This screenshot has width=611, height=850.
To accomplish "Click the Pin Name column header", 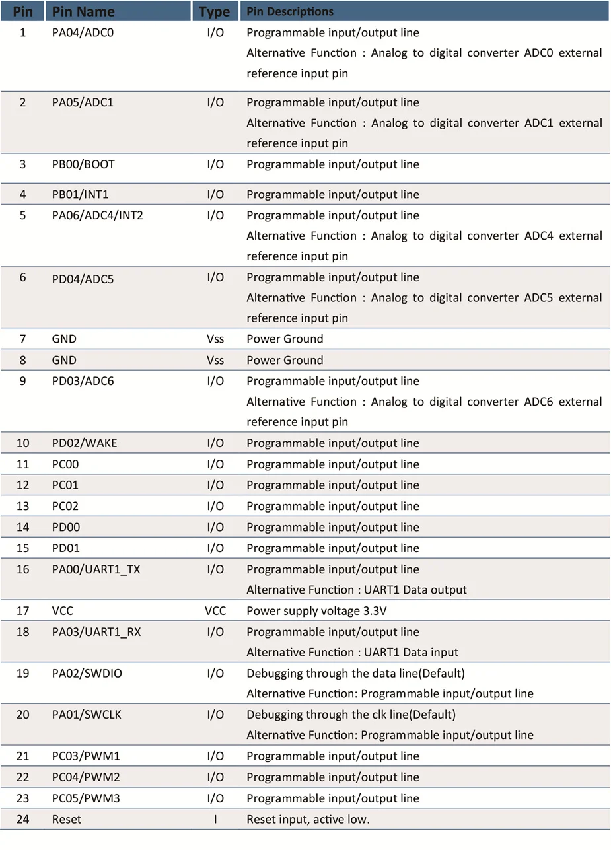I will [x=83, y=11].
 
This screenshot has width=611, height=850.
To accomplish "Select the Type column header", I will [x=215, y=11].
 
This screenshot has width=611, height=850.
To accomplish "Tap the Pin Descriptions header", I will [x=290, y=11].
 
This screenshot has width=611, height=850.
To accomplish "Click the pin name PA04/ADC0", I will [x=83, y=32].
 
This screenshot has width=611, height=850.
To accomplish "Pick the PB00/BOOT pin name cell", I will [x=83, y=164].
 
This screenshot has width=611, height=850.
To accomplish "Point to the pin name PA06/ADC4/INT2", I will [x=97, y=215].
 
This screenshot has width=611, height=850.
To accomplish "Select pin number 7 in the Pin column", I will [x=22, y=339].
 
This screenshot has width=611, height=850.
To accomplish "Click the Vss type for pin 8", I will [x=215, y=360].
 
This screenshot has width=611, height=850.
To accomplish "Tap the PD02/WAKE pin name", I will [x=85, y=443].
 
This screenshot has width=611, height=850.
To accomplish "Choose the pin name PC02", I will [x=65, y=506].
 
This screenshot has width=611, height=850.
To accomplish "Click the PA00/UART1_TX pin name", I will [x=96, y=569].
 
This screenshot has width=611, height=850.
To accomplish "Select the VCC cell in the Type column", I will [x=215, y=611].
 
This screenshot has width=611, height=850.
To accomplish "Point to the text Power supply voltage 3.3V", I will [x=316, y=611].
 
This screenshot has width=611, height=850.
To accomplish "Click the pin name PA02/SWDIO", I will [x=87, y=674].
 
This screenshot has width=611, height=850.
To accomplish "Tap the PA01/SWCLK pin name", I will [x=87, y=715].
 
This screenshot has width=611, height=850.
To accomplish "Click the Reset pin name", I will [x=67, y=819].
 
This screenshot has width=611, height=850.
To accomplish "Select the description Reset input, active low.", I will [x=308, y=819].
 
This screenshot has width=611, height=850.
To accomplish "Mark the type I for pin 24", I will [x=215, y=819].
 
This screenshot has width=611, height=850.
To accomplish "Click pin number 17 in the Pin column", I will [x=22, y=611].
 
